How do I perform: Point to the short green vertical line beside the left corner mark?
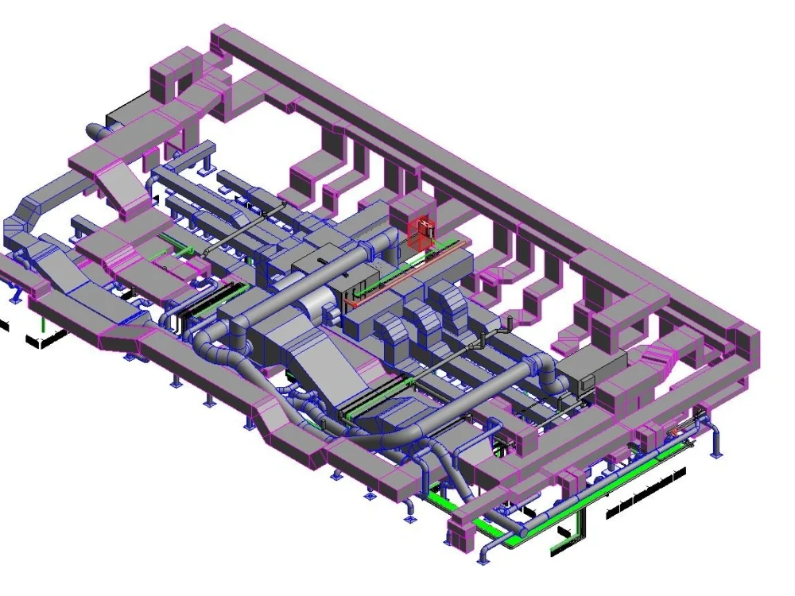(43, 323)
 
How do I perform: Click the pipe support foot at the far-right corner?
(717, 453)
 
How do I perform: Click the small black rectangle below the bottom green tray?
(564, 531)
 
